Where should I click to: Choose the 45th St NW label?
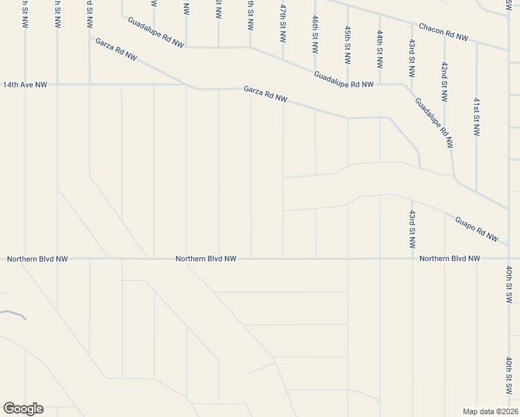pos(347,44)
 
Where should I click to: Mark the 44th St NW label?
pos(380,49)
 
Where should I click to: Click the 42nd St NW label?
pos(444,79)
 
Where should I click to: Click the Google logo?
pos(23,409)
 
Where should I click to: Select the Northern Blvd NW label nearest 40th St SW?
pos(450,259)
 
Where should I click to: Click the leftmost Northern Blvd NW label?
pos(38,259)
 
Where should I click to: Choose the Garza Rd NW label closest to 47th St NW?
pos(266,94)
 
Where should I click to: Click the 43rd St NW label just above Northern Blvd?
pos(412,229)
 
